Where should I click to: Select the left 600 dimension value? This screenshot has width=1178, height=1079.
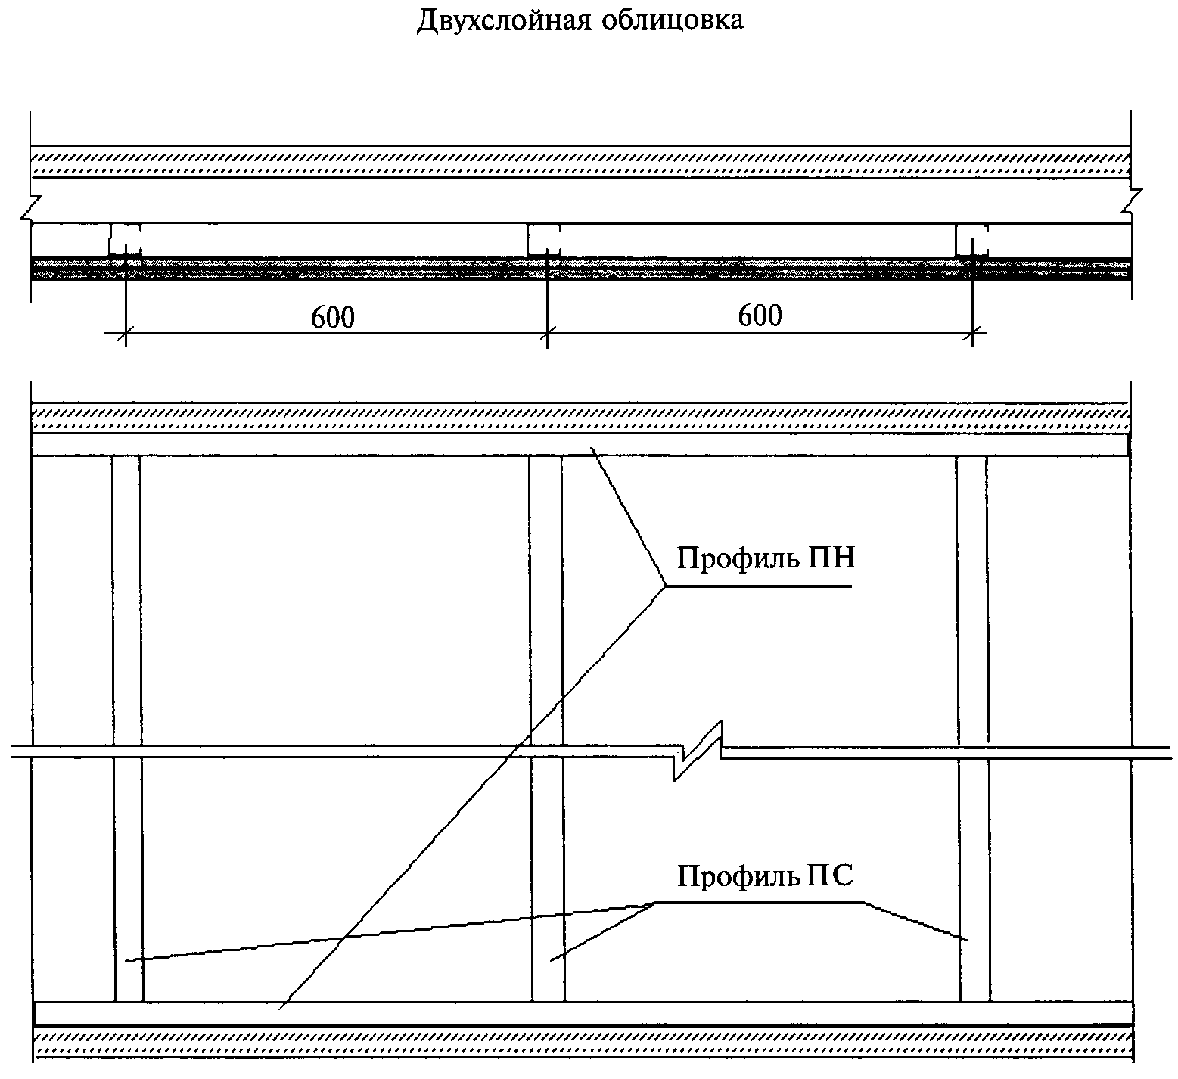[x=332, y=318]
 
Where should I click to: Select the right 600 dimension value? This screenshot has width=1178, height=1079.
[x=760, y=316]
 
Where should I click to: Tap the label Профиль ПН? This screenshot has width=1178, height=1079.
[x=766, y=559]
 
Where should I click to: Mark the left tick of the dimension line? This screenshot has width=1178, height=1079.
[x=126, y=331]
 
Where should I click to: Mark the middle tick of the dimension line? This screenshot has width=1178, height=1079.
[x=547, y=331]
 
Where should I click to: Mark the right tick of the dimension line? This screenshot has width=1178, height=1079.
[x=974, y=331]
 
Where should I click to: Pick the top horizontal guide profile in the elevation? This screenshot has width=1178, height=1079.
[x=580, y=444]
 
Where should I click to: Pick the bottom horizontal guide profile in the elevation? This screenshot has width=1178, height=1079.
[x=583, y=1013]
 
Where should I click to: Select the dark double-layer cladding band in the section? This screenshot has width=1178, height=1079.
[x=580, y=268]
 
